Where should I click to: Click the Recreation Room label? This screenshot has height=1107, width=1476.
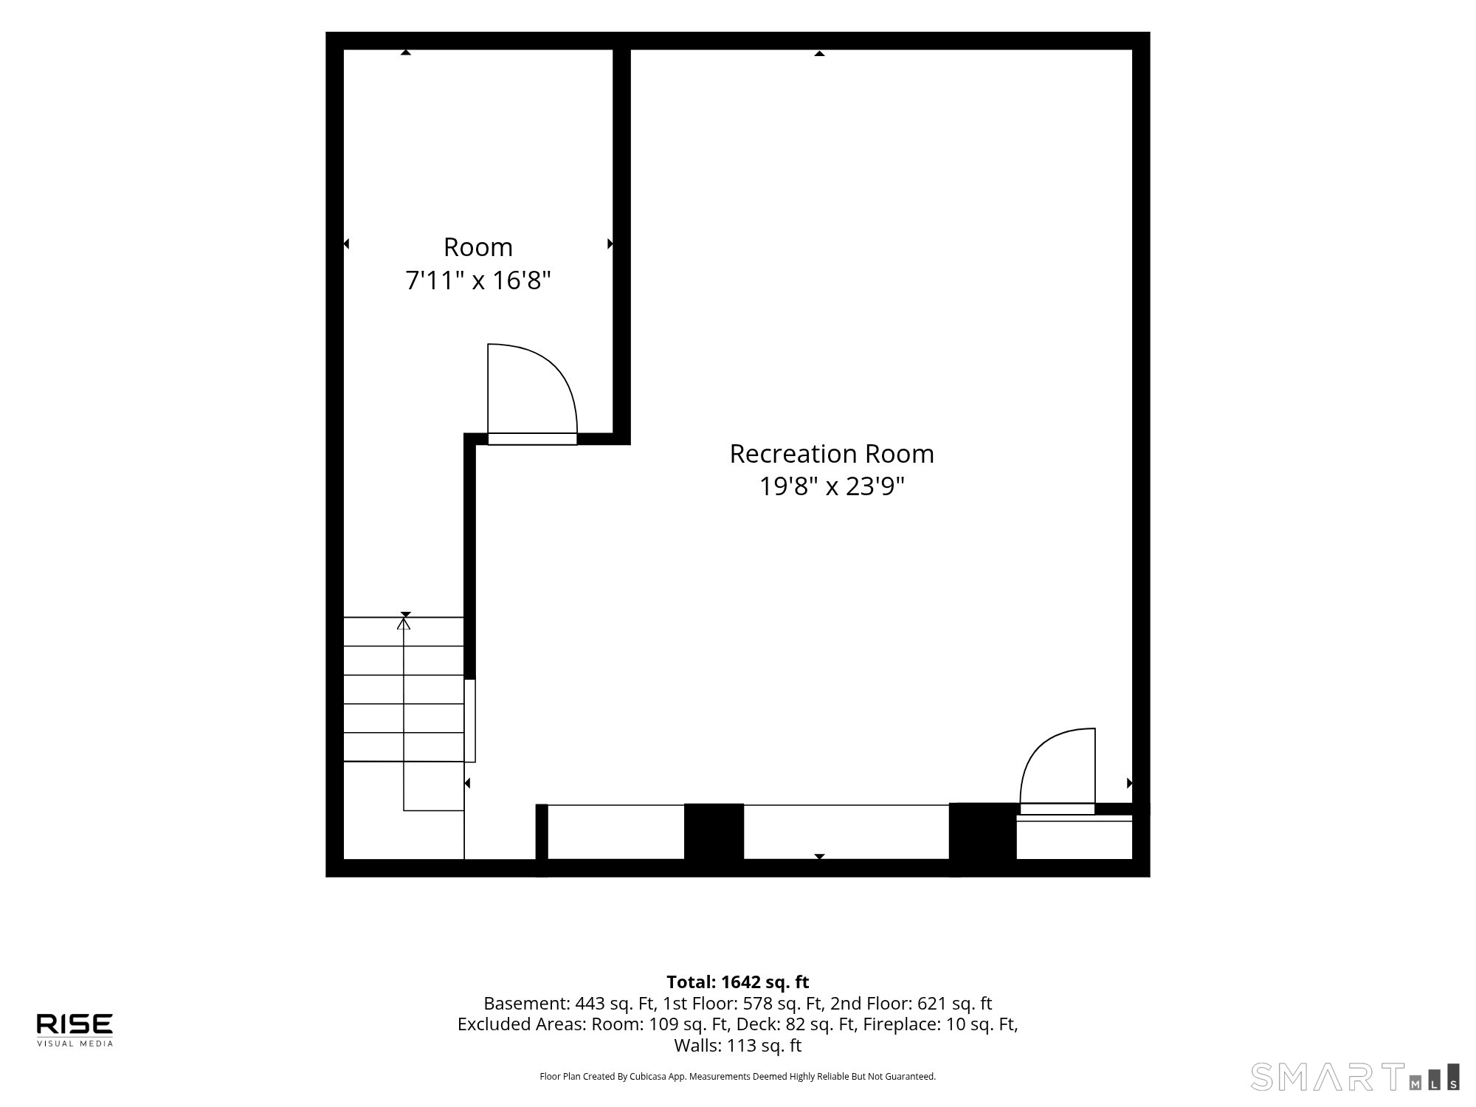pos(832,453)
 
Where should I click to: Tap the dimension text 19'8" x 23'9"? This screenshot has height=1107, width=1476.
pos(832,486)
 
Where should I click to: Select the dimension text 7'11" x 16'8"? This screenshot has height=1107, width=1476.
pos(478,280)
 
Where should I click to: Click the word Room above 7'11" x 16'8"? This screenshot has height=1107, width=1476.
pos(478,246)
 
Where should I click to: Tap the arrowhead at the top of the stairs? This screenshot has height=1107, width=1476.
pos(404,624)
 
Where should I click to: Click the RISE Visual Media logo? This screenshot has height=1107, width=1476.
pos(75,1030)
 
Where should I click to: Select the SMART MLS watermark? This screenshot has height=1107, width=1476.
pos(1355,1077)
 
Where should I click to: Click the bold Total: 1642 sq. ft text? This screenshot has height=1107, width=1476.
pos(738,982)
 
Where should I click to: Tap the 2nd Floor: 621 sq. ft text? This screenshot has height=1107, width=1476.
pos(911,1004)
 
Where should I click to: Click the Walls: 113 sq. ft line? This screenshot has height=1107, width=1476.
pos(738,1046)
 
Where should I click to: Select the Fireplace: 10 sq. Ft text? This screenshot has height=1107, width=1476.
pos(940,1024)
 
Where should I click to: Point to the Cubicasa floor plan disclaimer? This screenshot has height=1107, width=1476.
pos(738,1077)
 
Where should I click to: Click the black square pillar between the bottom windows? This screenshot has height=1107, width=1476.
pos(714,832)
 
